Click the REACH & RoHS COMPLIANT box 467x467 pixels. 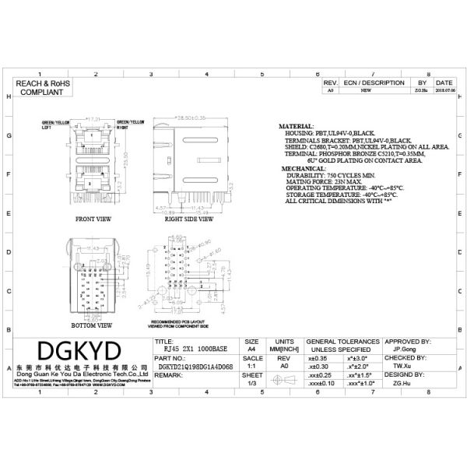click(x=40, y=86)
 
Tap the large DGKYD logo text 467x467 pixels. click(x=79, y=349)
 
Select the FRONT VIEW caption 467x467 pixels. click(x=92, y=220)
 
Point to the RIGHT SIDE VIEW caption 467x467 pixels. click(x=188, y=220)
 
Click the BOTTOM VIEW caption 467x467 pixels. click(x=92, y=324)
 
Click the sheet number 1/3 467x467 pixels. click(x=252, y=383)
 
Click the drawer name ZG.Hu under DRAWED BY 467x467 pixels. click(x=402, y=383)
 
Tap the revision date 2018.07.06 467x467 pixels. click(x=444, y=90)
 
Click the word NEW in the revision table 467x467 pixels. click(x=364, y=90)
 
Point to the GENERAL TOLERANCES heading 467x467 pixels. click(x=343, y=342)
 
